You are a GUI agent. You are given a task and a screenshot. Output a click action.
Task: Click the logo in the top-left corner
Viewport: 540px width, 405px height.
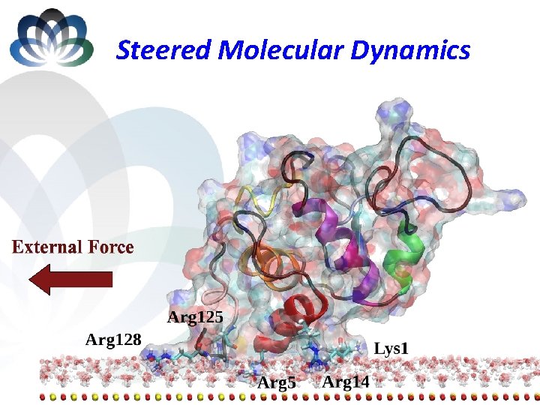(51, 37)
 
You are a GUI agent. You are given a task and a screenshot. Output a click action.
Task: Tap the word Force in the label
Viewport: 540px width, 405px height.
(110, 247)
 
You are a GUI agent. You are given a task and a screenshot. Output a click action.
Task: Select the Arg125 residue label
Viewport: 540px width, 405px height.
(194, 316)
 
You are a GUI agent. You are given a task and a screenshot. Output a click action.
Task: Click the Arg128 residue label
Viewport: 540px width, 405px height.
(113, 339)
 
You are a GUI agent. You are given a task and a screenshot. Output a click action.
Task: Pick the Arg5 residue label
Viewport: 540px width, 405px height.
(277, 383)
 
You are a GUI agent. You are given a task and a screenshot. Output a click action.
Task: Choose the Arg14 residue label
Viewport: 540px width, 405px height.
(346, 382)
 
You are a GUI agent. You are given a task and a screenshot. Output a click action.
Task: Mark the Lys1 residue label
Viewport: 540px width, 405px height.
(391, 348)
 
